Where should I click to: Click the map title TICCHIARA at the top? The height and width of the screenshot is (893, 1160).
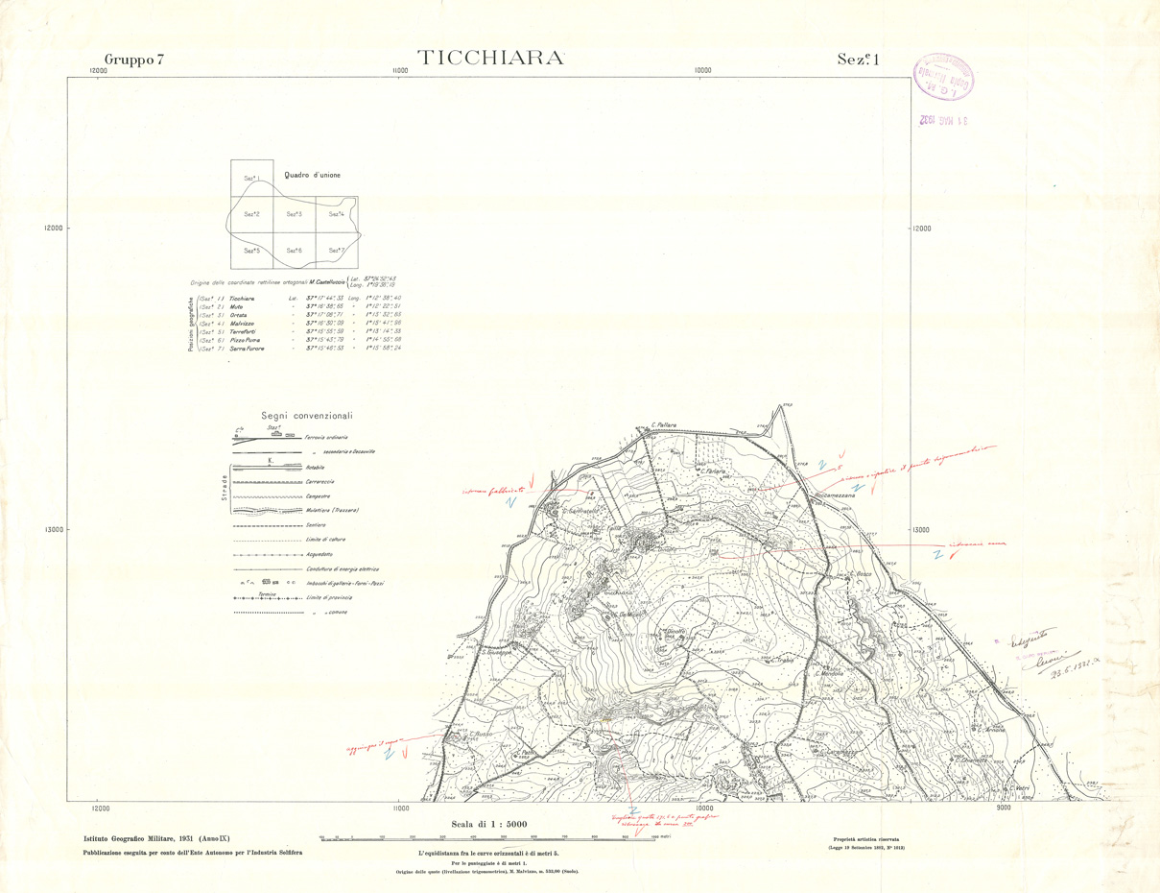pos(489,58)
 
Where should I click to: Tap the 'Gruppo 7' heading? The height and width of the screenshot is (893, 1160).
pos(134,60)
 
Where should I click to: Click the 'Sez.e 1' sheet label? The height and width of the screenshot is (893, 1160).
pos(858,60)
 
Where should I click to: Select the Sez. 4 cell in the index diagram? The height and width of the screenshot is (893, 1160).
pos(337,214)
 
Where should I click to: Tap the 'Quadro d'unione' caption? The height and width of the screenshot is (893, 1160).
pos(312,175)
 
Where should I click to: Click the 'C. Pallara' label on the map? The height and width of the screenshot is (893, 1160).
pos(665,424)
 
